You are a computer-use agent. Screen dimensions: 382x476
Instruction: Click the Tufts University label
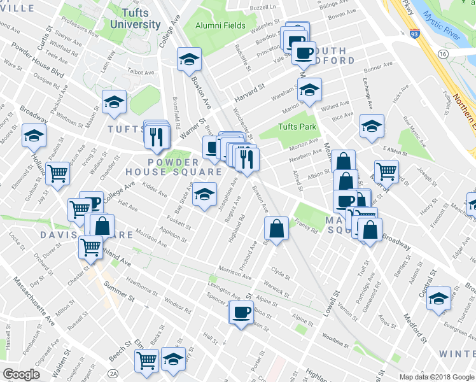135,18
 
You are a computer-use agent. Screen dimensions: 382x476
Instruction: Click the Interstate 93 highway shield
414,31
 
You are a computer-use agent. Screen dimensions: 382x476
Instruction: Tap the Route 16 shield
442,55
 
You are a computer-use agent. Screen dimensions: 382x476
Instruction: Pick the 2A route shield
114,372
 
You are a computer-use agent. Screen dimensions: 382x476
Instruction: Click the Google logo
21,374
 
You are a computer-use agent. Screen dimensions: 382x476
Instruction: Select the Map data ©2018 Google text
436,377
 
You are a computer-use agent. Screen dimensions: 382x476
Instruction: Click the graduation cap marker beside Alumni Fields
189,60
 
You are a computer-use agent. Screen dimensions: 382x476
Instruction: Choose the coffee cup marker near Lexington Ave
241,313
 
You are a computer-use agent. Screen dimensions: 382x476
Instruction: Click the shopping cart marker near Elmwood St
57,173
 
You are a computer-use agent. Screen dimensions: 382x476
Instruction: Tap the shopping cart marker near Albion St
386,171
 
